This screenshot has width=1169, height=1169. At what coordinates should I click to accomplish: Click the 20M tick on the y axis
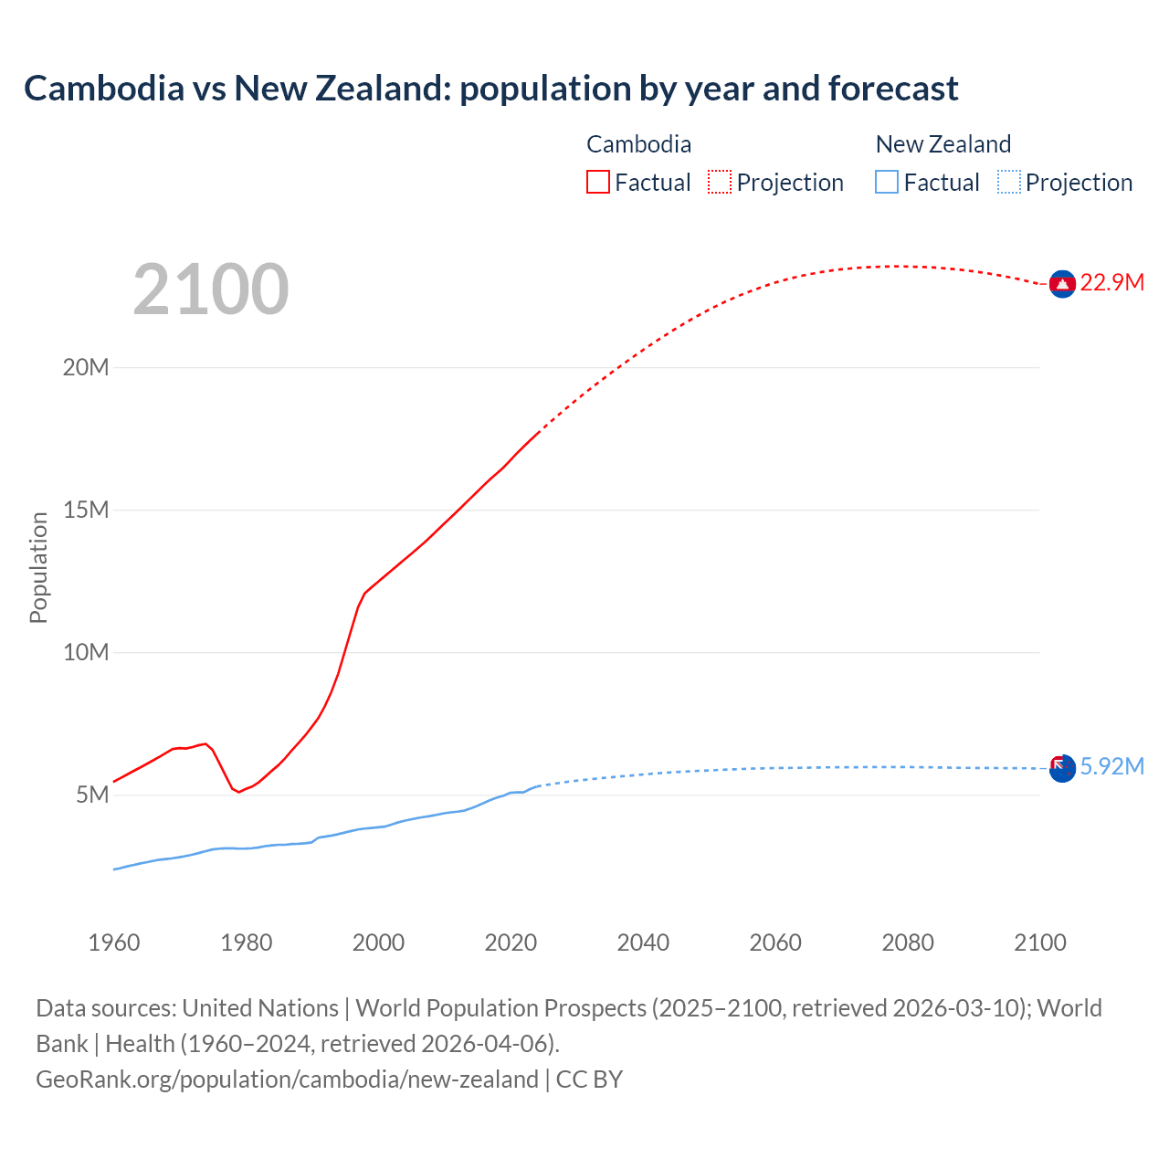pos(86,367)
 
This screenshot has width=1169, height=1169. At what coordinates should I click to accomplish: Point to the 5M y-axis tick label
pos(92,795)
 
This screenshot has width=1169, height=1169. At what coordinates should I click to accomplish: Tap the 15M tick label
pos(86,510)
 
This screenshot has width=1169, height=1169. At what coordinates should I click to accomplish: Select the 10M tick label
pos(86,652)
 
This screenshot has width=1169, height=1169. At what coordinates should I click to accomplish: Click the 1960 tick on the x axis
pos(114,943)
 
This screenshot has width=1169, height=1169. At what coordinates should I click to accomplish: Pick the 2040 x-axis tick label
pos(643,943)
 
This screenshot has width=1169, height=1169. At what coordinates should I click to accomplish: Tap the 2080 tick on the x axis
pos(908,943)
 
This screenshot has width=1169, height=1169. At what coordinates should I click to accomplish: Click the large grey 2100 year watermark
pos(211,290)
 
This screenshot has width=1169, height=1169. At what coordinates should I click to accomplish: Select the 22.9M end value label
pos(1111,282)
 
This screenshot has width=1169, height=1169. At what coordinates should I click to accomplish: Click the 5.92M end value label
pos(1111,766)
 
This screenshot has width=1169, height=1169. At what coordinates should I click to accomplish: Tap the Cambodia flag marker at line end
pos(1062,285)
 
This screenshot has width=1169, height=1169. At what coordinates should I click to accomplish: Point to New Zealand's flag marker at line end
pos(1062,768)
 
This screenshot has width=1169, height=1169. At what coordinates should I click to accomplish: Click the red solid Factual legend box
pos(598,182)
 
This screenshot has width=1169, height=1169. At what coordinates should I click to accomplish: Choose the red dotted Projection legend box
pos(720,182)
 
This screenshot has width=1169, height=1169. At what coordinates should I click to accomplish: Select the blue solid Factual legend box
pos(887,182)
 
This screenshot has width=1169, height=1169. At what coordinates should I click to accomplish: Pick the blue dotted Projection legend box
pos(1009,182)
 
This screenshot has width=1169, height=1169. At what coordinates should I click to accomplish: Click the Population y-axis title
pos(38,567)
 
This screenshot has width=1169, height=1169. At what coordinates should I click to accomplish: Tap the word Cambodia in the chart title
pos(104,89)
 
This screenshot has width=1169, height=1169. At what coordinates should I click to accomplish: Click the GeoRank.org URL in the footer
pos(287,1079)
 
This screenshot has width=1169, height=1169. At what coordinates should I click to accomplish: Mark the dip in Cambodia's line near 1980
pos(239,791)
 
